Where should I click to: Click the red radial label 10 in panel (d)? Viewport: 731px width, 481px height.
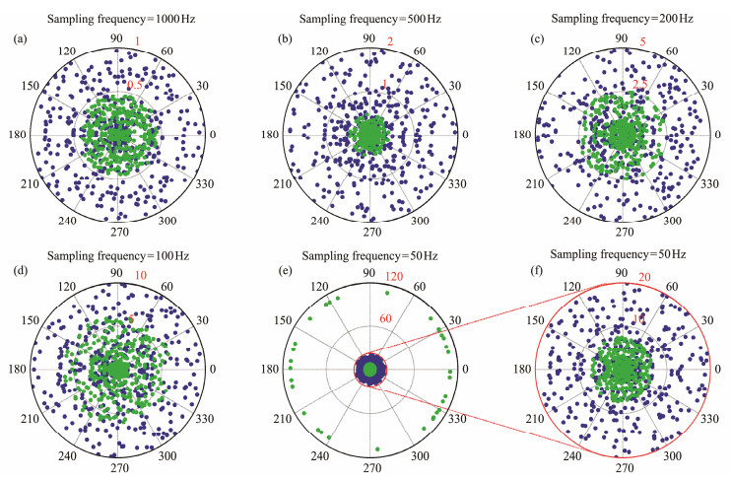point(142,275)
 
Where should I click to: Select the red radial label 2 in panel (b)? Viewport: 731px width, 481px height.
point(391,41)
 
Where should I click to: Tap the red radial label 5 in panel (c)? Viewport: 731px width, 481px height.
point(642,41)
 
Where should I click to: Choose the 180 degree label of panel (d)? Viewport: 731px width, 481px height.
point(19,370)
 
